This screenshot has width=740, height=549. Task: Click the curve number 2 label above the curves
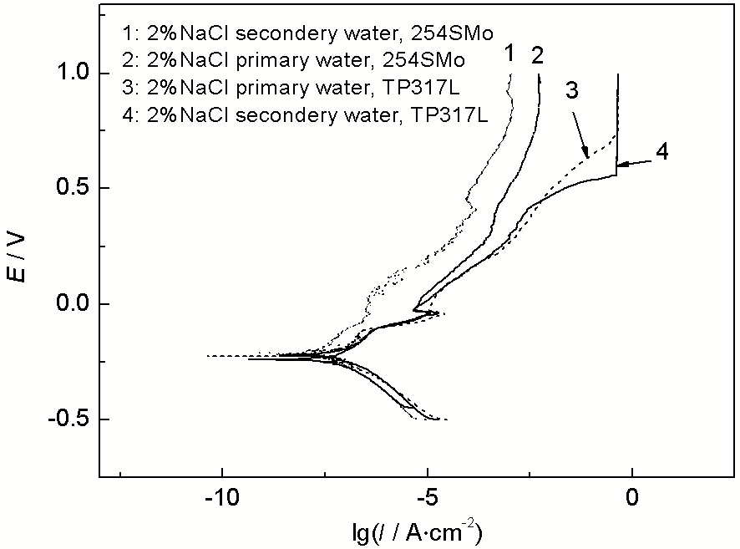pyautogui.click(x=537, y=55)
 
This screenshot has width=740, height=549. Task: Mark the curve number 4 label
pyautogui.click(x=661, y=153)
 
